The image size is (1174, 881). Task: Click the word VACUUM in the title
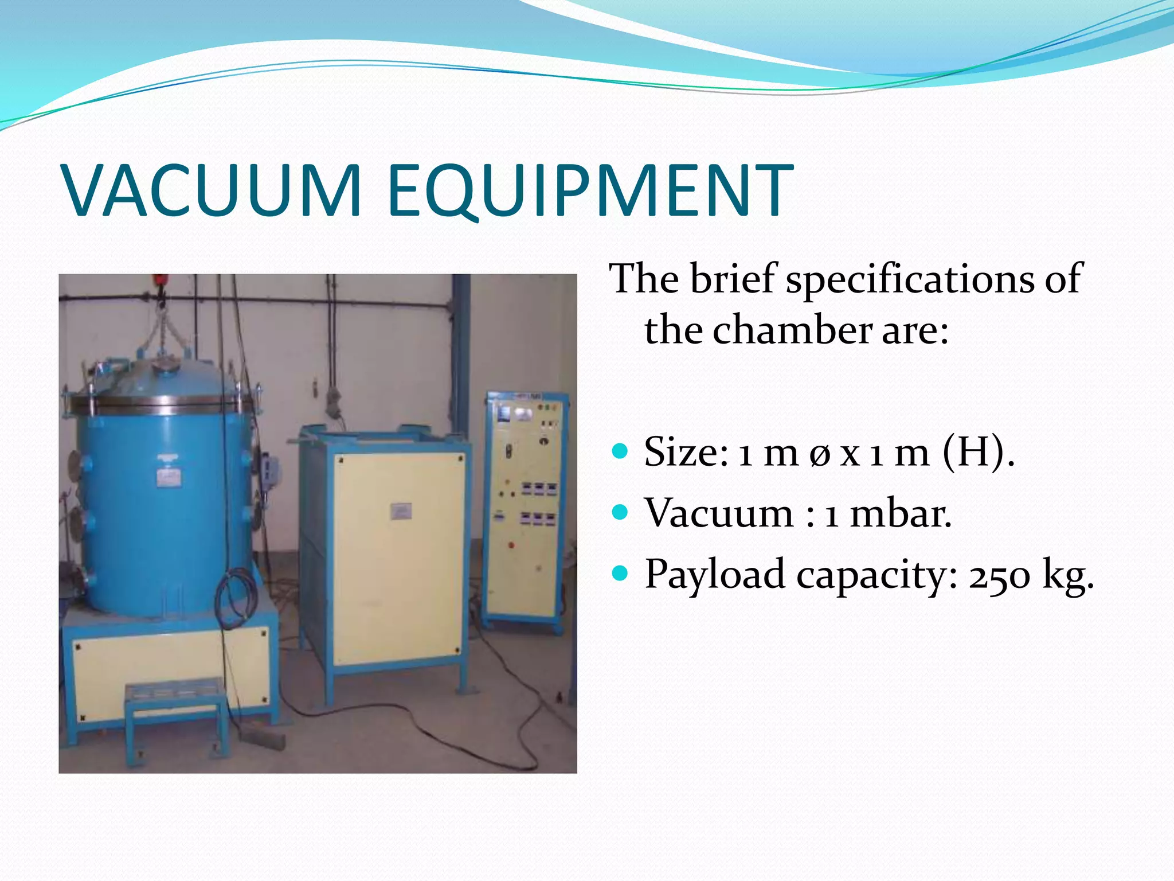click(212, 190)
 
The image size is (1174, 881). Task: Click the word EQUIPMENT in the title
click(590, 190)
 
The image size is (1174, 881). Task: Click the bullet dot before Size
click(620, 451)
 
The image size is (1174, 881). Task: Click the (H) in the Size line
click(974, 452)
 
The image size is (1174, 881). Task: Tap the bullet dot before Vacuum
click(620, 512)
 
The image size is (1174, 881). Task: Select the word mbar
click(900, 513)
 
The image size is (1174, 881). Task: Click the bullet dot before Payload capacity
click(620, 572)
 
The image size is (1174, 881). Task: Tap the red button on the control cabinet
click(511, 545)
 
